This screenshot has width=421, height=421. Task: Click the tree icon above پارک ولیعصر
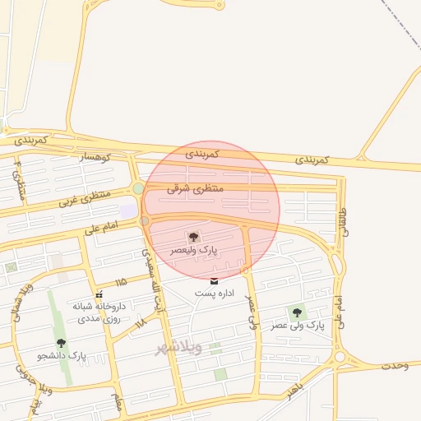tap(194, 237)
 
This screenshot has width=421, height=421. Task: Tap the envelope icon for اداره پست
tap(215, 281)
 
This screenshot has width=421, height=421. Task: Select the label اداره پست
tap(215, 293)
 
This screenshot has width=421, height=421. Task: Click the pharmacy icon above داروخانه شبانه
tap(99, 294)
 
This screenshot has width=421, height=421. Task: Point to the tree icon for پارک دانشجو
tap(61, 343)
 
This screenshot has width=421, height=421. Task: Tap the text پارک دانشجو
tap(62, 356)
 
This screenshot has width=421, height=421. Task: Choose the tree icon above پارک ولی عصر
tap(297, 312)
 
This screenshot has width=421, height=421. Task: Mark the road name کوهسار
tap(99, 156)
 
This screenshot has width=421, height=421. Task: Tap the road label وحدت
tap(395, 364)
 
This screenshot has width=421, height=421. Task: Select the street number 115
tap(122, 282)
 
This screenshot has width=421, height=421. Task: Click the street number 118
tap(140, 323)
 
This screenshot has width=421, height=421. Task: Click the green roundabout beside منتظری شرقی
tap(138, 189)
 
